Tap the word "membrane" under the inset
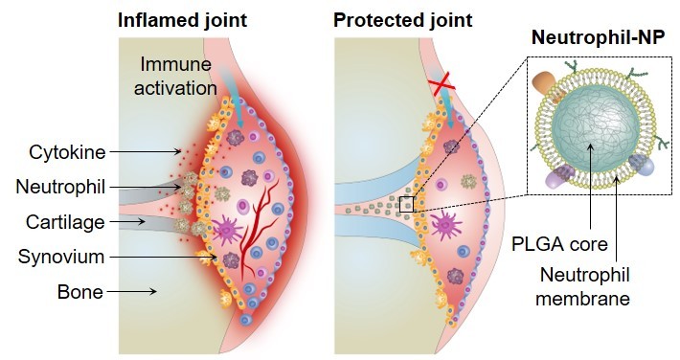[x=596, y=300]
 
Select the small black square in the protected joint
[x=408, y=205]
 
